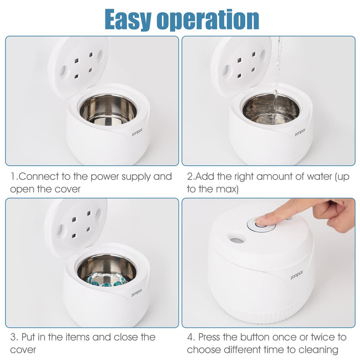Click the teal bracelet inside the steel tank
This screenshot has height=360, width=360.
[107, 280]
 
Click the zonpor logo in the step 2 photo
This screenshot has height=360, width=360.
[300, 131]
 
